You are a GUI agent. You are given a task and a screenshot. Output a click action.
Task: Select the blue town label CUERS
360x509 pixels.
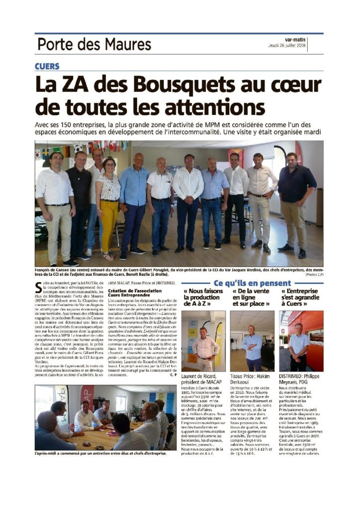click(47, 66)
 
